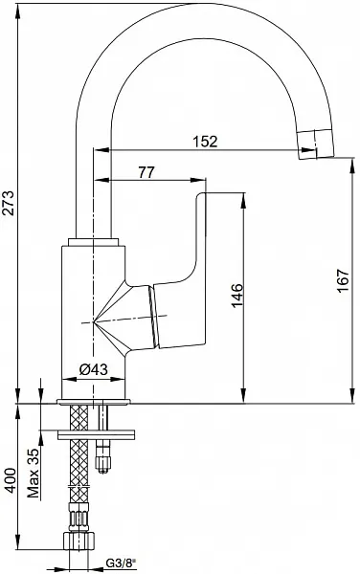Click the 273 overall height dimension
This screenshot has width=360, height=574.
click(x=10, y=203)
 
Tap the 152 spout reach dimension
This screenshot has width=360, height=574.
click(x=206, y=142)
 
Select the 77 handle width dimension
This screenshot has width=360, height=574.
click(x=146, y=172)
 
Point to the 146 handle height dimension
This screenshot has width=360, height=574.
click(x=237, y=295)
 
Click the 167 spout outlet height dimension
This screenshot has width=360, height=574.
click(x=344, y=280)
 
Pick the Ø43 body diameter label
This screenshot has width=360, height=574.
click(x=94, y=369)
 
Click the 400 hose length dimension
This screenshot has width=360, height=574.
click(x=10, y=480)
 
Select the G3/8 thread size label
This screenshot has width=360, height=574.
click(x=121, y=562)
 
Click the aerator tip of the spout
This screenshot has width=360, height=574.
click(x=316, y=144)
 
